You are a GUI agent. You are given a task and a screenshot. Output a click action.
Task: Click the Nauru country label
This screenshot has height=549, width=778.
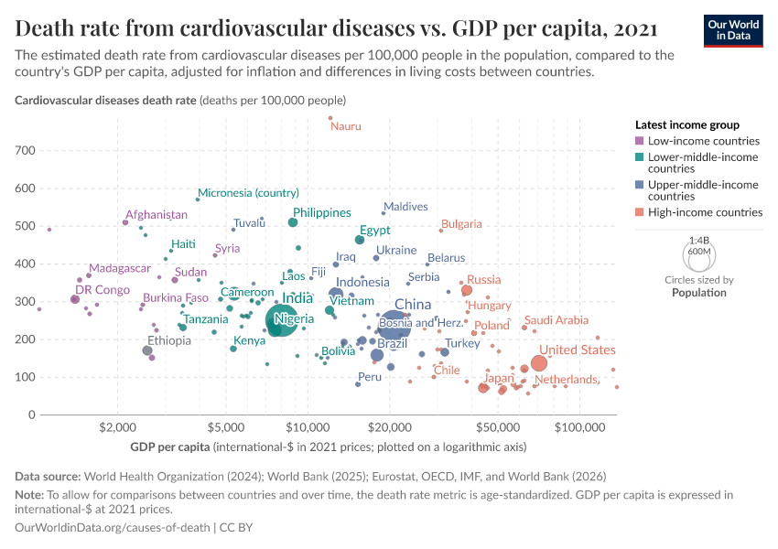coord(346,126)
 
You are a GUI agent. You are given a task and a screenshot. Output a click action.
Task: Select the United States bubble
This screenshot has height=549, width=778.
coord(538,363)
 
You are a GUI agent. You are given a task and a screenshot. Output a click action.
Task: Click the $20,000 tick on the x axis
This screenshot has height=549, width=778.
coord(392,427)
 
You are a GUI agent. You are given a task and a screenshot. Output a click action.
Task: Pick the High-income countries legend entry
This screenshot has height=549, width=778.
coord(705,212)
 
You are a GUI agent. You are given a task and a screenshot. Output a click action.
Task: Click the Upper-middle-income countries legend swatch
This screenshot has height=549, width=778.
coord(640,185)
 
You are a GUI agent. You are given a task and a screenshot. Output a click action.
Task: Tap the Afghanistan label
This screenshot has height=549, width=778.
coord(157,214)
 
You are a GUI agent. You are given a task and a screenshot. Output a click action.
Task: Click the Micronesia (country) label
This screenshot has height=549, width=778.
coord(249,193)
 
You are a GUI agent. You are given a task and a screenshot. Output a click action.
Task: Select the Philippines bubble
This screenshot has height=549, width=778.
coord(293,222)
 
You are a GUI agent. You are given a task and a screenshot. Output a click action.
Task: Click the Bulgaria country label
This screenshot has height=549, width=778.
coord(461,224)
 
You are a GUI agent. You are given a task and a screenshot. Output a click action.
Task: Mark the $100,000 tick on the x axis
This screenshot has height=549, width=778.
coord(580,427)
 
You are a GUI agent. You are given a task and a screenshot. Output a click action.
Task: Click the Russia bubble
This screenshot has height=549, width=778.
coord(467,290)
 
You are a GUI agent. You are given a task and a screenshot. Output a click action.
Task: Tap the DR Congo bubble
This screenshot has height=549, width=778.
coord(75,299)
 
